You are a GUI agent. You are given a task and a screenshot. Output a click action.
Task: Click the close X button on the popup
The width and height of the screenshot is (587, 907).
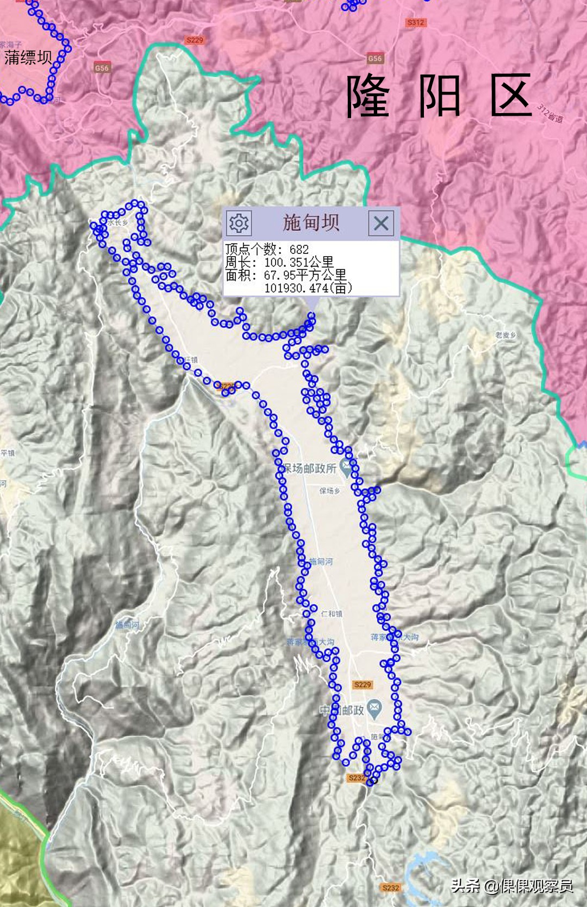click(381, 223)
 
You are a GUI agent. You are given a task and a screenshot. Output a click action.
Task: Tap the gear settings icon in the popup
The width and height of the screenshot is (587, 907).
click(239, 223)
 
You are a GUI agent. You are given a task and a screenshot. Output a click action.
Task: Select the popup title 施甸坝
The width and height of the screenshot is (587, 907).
click(311, 223)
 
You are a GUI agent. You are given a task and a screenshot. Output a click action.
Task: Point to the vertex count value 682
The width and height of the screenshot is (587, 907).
click(299, 250)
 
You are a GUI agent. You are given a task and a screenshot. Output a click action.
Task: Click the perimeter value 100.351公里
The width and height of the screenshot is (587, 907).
click(298, 262)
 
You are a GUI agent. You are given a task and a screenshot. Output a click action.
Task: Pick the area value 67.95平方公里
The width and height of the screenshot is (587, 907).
click(305, 275)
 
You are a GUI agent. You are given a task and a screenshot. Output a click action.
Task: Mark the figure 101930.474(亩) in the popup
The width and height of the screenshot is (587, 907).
click(308, 288)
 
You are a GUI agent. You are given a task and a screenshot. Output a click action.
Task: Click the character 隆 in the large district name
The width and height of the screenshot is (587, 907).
click(368, 96)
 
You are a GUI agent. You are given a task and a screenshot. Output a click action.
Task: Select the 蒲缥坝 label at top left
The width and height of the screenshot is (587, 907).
click(28, 58)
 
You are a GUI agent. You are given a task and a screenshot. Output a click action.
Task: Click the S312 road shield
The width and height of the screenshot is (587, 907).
click(416, 23)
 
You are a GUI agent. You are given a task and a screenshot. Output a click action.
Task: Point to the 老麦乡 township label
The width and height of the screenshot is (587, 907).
click(505, 335)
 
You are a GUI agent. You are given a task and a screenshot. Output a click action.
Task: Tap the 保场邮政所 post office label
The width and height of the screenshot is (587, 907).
click(309, 468)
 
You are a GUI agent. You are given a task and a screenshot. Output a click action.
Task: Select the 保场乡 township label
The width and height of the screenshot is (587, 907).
click(329, 491)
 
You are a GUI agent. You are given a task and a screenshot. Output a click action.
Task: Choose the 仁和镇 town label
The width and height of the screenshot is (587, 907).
click(332, 614)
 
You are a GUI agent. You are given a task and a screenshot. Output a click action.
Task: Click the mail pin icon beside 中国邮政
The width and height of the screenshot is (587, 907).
click(374, 707)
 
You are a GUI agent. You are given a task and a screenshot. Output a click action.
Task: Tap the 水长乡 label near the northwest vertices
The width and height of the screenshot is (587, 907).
click(117, 223)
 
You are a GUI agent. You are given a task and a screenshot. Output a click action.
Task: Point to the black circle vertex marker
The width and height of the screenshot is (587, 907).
click(372, 781)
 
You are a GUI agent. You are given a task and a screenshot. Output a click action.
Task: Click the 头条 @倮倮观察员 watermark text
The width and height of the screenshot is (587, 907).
click(511, 886)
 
